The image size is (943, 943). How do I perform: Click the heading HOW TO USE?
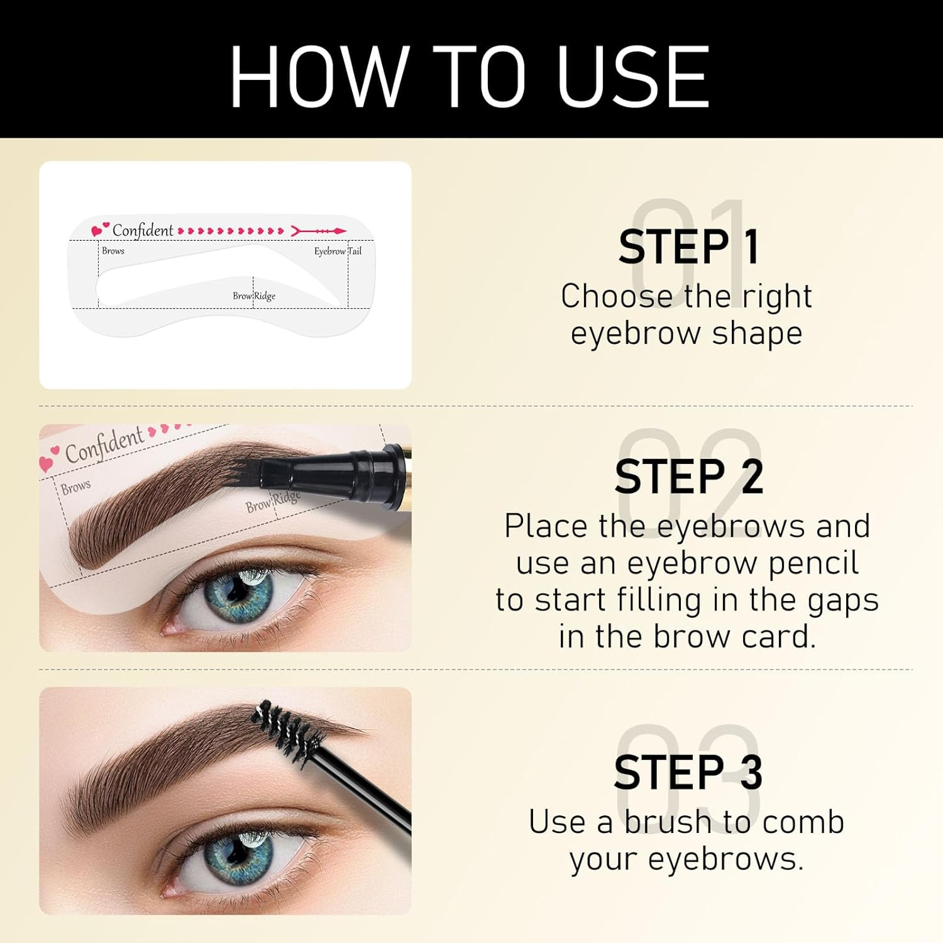(470, 77)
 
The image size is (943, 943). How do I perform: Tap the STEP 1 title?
(689, 247)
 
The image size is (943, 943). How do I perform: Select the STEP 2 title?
(689, 477)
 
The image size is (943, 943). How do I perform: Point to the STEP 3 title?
(689, 772)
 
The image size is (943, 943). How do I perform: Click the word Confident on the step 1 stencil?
(143, 231)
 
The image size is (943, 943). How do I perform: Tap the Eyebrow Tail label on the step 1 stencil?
(338, 251)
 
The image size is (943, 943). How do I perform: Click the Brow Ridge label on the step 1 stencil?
(254, 295)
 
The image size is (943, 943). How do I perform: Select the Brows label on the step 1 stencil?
(113, 250)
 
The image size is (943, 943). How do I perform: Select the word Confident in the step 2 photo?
(104, 444)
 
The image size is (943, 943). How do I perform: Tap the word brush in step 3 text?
(668, 822)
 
